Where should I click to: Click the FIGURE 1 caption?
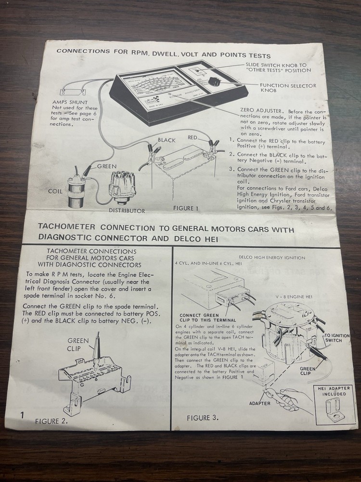coord(185,209)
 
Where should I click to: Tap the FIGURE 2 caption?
coord(52,420)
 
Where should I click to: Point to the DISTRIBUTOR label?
coord(126,211)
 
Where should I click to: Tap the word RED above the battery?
coord(193,137)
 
